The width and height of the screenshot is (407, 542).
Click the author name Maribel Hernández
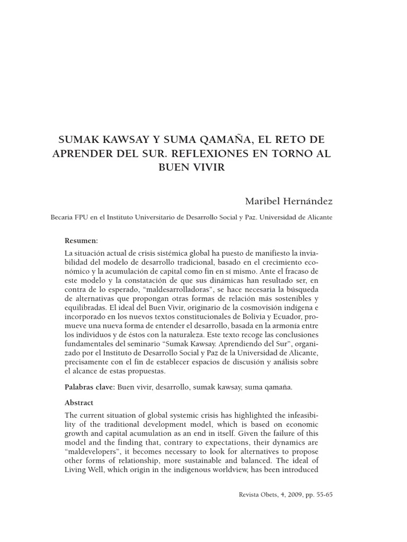click(x=288, y=201)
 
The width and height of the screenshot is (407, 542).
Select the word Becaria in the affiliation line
click(x=62, y=218)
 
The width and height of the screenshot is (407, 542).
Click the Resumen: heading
click(x=81, y=240)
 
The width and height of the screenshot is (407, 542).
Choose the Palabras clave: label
click(x=90, y=387)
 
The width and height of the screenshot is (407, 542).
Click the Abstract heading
click(x=79, y=402)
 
